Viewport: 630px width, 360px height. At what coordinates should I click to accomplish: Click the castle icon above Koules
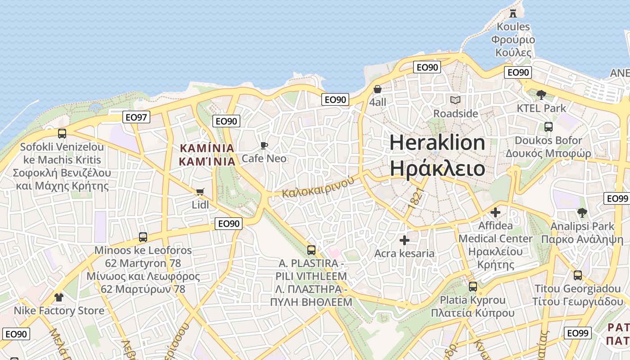pos(513,13)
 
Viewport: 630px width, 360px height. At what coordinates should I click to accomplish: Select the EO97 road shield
pos(136,117)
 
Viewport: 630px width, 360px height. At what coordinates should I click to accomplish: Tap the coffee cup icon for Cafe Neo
pos(264,145)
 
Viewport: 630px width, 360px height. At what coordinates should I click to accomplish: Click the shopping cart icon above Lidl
pos(200,192)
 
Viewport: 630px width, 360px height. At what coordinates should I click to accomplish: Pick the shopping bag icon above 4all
pos(378,89)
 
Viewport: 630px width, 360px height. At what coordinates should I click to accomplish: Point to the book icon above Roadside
pos(455,100)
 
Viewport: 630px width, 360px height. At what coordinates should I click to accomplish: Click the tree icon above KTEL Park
pos(541,95)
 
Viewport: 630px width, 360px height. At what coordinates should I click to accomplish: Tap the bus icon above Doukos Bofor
pos(548,127)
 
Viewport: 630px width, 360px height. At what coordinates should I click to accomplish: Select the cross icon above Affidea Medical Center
pos(495,212)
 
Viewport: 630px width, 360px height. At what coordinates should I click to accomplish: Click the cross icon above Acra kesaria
pos(405,240)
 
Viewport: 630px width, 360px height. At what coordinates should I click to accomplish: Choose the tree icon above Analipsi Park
pos(582,213)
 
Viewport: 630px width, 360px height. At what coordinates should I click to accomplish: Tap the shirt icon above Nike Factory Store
pos(59,297)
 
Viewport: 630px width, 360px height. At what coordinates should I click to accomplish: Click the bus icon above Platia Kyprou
pos(472,286)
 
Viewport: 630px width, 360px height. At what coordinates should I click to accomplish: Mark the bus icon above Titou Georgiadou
pos(578,275)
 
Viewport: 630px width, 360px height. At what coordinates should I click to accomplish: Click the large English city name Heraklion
pos(437,143)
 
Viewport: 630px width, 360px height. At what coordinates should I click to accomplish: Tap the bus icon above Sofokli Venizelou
pos(62,133)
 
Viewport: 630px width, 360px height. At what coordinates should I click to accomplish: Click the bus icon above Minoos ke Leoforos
pos(143,237)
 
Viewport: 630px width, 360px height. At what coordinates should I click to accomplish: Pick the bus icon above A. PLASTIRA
pos(311,250)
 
